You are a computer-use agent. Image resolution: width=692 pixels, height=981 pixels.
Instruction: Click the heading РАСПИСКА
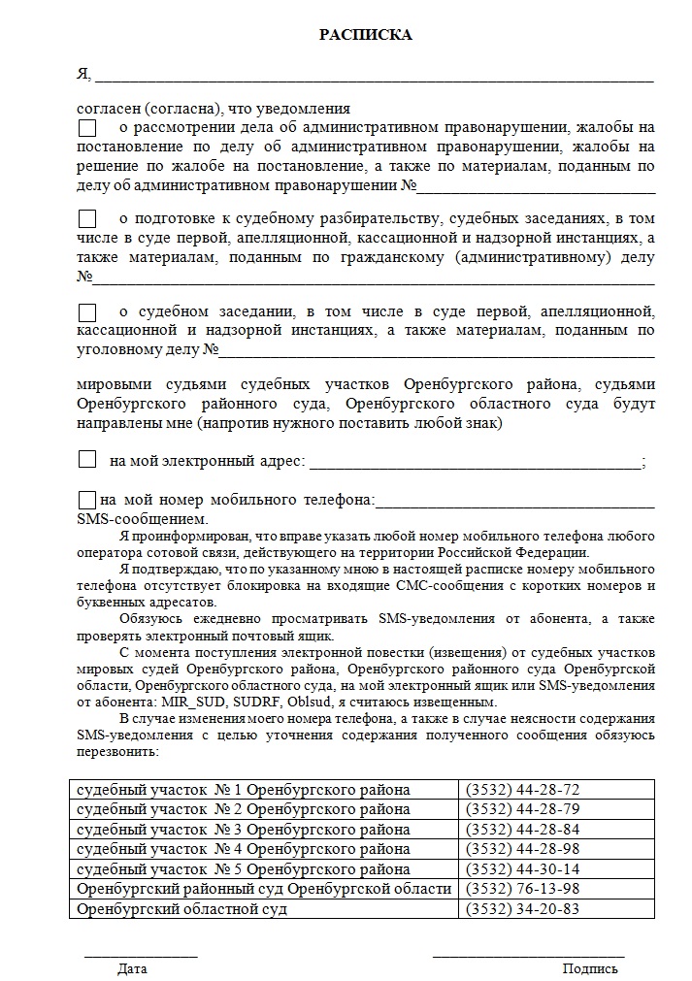[x=366, y=36]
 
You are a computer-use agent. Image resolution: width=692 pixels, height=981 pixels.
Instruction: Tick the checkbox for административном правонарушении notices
[x=87, y=128]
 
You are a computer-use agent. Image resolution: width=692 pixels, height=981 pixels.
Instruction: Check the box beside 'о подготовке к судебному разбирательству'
[x=87, y=219]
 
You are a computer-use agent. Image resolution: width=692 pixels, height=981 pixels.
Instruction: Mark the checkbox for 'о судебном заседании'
[x=87, y=312]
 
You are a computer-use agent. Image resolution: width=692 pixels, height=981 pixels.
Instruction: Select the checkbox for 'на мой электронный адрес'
[x=87, y=460]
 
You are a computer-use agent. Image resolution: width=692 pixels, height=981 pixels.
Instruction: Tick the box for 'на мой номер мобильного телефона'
[x=87, y=501]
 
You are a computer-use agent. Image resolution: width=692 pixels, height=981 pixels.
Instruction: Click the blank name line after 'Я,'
[x=374, y=78]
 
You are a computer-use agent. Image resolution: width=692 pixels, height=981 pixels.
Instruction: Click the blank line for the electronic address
[x=476, y=466]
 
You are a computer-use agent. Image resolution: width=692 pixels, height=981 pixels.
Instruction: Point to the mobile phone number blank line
[x=514, y=506]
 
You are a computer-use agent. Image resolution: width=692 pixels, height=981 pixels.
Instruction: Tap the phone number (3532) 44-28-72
[x=522, y=790]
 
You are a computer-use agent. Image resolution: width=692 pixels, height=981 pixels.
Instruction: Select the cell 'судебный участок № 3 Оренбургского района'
[x=244, y=830]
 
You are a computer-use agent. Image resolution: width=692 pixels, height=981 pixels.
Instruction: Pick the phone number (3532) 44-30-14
[x=522, y=869]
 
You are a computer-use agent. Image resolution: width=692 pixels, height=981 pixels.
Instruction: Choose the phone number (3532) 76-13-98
[x=522, y=889]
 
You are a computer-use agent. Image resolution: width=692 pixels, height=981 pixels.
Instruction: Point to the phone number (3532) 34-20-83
[x=522, y=909]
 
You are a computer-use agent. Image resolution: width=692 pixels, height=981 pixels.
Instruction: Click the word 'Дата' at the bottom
[x=132, y=968]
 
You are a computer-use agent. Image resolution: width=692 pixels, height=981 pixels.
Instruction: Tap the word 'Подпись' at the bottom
[x=589, y=968]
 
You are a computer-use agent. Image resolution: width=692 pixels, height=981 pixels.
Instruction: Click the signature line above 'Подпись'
[x=528, y=956]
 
